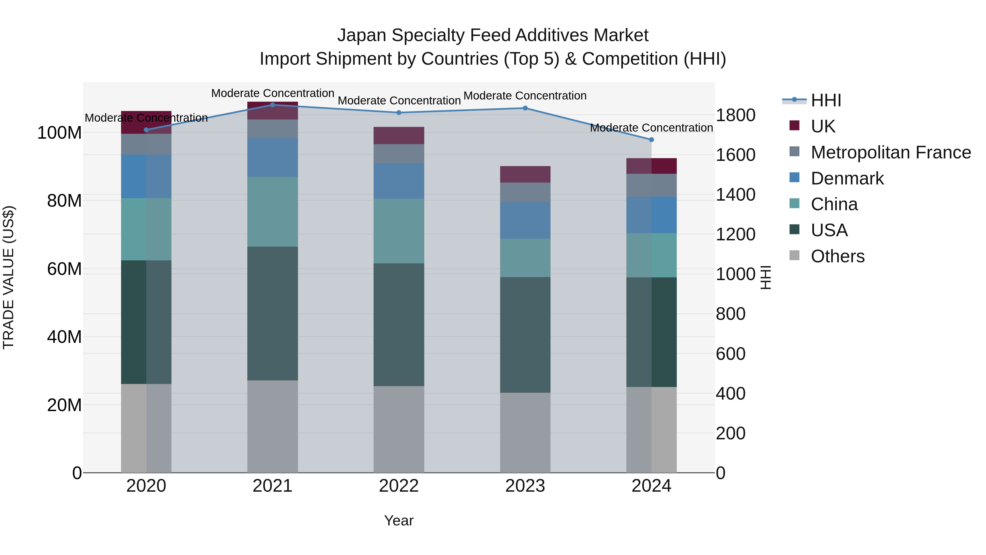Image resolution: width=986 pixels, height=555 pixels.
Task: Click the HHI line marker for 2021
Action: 273,105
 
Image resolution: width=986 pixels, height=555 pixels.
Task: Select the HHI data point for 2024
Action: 652,140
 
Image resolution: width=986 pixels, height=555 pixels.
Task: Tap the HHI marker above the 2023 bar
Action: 525,108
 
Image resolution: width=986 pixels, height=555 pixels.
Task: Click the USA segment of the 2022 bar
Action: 399,325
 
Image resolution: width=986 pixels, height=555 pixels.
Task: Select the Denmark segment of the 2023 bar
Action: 525,220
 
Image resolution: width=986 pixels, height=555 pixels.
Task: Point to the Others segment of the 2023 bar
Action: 525,432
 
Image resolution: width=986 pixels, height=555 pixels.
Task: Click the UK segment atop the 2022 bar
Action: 399,136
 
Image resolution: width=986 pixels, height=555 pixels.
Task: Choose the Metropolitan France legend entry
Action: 890,152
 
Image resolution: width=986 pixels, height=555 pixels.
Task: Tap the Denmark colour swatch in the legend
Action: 795,177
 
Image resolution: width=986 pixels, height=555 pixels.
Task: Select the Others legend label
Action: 838,256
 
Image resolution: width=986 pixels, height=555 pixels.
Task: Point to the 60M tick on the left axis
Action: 64,269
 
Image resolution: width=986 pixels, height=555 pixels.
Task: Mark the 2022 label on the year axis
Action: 399,486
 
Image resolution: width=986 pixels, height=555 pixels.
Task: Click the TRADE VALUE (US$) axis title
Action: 8,277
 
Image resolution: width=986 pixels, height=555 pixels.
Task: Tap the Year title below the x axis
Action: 399,520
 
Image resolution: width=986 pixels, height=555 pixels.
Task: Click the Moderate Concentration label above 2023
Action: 525,95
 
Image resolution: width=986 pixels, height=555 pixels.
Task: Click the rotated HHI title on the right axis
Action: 766,277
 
